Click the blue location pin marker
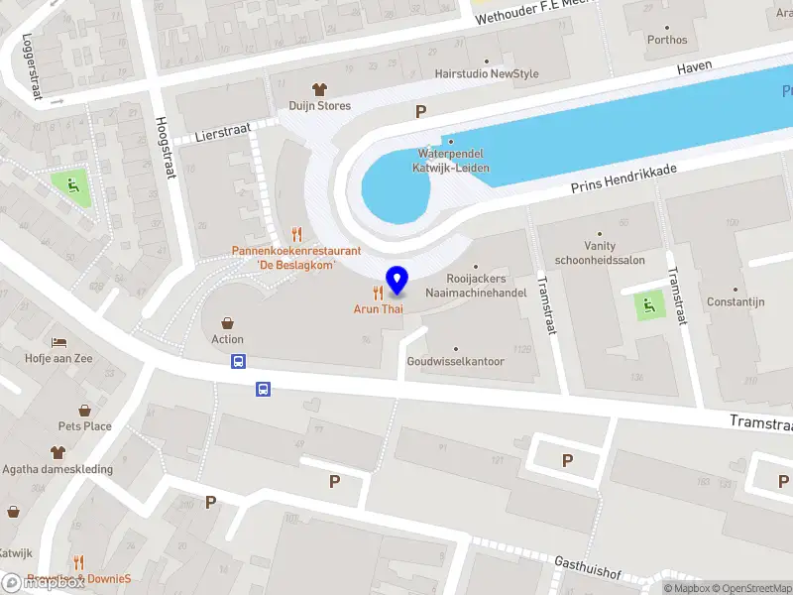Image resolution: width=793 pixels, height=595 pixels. point(397,281)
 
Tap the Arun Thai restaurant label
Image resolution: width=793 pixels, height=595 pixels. point(379,309)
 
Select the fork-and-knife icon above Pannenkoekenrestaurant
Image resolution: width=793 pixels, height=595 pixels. point(296,234)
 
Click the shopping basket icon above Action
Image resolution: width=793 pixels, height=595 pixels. point(228,323)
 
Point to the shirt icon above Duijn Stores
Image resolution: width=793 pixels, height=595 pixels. point(319,89)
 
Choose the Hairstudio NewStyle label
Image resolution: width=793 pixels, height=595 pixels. point(487,74)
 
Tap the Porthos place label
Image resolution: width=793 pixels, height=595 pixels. point(666,41)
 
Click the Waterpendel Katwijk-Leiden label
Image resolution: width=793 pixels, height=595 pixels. point(452,161)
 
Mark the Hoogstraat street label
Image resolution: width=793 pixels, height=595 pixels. point(163,149)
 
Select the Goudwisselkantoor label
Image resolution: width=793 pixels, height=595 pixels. point(456,362)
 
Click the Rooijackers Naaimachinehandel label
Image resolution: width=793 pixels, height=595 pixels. point(475,287)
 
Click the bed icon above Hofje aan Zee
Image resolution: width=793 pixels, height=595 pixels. point(58,342)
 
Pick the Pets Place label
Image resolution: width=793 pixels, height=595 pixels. point(84,426)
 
